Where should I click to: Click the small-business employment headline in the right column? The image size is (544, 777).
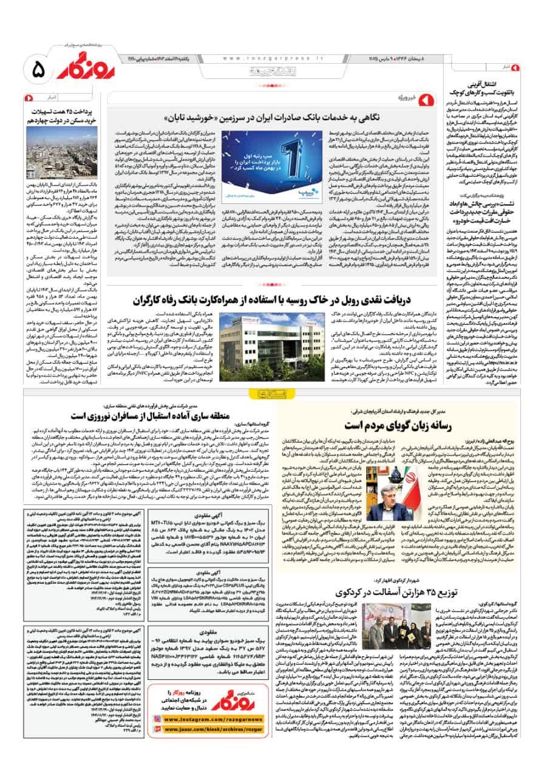coord(477,89)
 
